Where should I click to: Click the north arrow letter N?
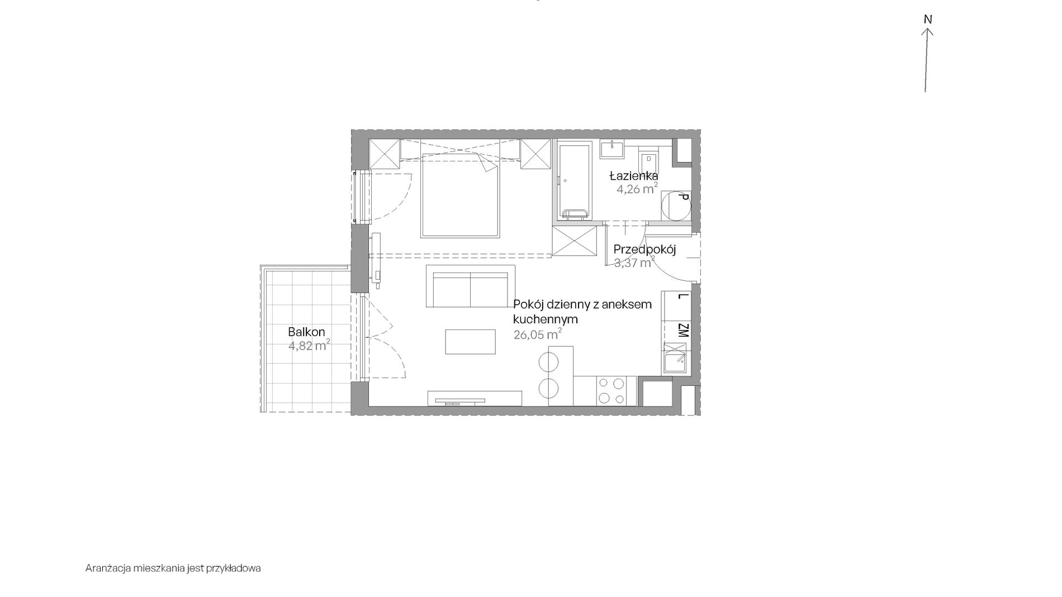click(928, 20)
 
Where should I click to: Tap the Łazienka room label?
click(633, 176)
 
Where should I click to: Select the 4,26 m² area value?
click(637, 189)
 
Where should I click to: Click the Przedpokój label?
click(644, 250)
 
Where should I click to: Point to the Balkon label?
click(306, 332)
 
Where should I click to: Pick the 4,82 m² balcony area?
click(309, 345)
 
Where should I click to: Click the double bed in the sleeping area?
click(460, 195)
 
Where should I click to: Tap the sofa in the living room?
click(471, 286)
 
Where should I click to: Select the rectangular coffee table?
click(470, 342)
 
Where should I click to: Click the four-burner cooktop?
click(611, 391)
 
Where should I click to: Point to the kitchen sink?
click(675, 359)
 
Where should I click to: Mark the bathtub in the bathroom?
click(573, 181)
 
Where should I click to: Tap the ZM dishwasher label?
click(682, 331)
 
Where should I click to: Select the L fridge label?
click(681, 297)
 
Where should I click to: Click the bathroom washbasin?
click(614, 149)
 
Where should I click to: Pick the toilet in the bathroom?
click(649, 162)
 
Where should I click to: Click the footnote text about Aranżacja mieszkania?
click(173, 569)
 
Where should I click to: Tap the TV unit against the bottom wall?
click(475, 398)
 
